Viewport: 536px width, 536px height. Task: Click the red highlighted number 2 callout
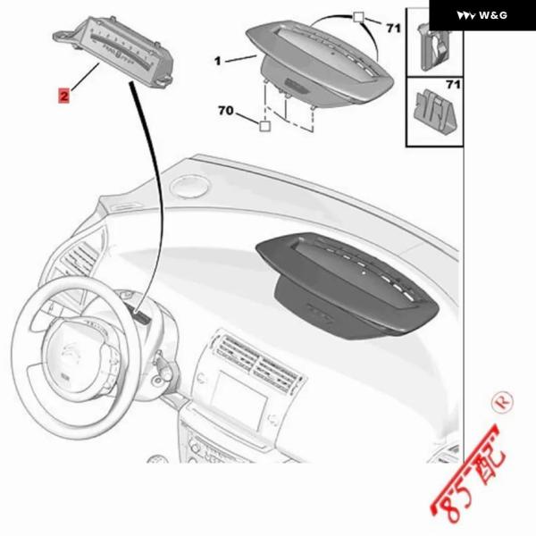point(64,96)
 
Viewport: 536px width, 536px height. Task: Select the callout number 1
point(218,61)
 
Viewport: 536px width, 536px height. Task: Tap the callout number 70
point(226,111)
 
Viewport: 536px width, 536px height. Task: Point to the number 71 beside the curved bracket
point(393,28)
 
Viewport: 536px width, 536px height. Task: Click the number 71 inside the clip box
point(453,85)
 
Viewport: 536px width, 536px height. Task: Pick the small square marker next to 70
point(264,127)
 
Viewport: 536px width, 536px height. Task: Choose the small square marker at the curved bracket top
point(358,17)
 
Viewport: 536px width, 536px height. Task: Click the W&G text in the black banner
point(493,15)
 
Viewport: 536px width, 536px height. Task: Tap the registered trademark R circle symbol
point(502,402)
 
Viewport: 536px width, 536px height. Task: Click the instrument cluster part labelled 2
point(113,51)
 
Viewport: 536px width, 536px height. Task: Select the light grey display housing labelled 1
point(320,63)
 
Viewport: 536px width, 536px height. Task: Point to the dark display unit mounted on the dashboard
point(347,286)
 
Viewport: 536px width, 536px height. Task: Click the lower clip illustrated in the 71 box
point(435,111)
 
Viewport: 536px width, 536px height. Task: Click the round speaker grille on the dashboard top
point(190,186)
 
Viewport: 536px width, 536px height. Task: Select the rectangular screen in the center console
point(239,398)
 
